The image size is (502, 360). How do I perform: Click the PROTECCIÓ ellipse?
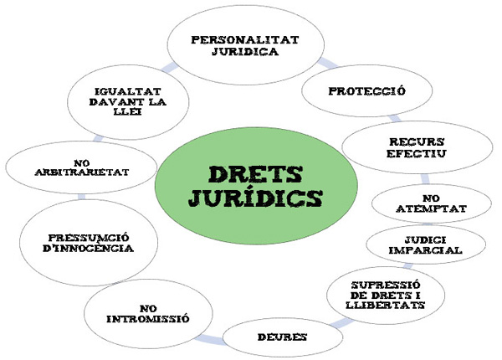click(x=367, y=90)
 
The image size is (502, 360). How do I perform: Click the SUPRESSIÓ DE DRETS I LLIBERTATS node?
click(x=386, y=293)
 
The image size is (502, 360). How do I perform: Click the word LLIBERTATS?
click(x=387, y=306)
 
